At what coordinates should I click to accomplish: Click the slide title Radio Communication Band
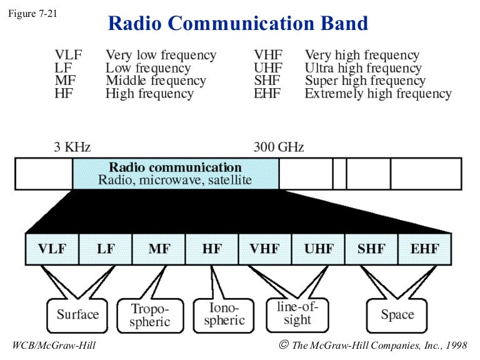point(238,23)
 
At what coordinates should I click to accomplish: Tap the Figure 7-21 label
point(32,13)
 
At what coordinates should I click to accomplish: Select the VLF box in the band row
point(52,249)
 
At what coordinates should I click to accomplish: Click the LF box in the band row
point(106,249)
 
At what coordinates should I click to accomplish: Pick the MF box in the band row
point(159,249)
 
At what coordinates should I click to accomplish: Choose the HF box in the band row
point(212,249)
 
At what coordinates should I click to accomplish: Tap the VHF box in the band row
point(265,249)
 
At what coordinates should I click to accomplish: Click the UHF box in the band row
point(318,249)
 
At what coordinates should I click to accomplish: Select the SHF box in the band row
point(371,249)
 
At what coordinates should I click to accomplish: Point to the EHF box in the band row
point(424,249)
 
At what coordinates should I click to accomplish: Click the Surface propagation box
point(77,314)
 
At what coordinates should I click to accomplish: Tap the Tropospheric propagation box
point(150,315)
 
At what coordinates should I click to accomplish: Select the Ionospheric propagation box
point(224,314)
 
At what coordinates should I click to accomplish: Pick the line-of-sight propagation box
point(297,313)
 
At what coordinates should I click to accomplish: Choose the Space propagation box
point(397,314)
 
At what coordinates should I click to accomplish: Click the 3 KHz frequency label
point(72,147)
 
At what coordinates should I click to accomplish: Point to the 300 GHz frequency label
point(279,147)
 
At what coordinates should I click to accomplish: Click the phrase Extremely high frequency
point(377,94)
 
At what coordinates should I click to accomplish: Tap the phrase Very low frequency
point(161,55)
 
